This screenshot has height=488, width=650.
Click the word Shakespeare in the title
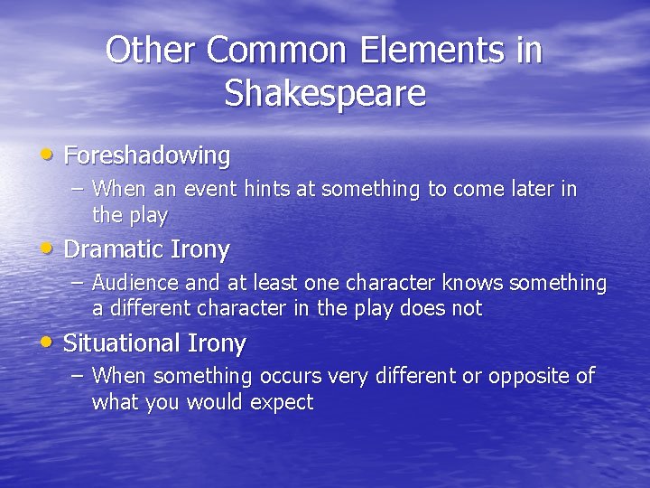tap(324, 94)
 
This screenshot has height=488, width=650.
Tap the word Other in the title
tap(151, 51)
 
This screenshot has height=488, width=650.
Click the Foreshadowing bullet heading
tap(147, 155)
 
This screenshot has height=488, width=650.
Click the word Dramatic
tap(108, 249)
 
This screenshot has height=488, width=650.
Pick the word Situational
tap(122, 343)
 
